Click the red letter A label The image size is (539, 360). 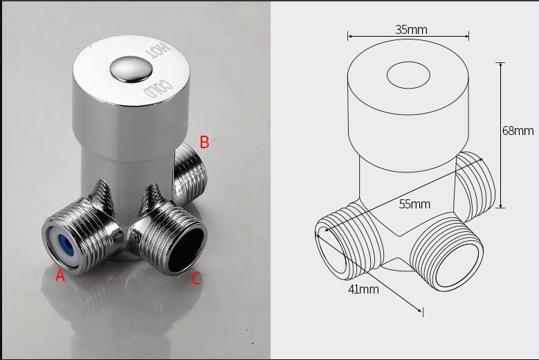click(x=60, y=276)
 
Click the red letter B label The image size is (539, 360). click(x=204, y=142)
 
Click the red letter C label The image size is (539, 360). click(x=197, y=279)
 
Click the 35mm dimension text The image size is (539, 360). click(x=411, y=29)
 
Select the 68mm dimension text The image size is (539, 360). click(x=518, y=131)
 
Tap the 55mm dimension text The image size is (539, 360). click(x=414, y=204)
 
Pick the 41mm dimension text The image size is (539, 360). click(x=363, y=289)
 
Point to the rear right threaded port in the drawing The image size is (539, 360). click(x=477, y=181)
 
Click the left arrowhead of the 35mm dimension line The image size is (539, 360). click(x=349, y=37)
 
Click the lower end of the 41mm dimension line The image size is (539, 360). click(x=421, y=312)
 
